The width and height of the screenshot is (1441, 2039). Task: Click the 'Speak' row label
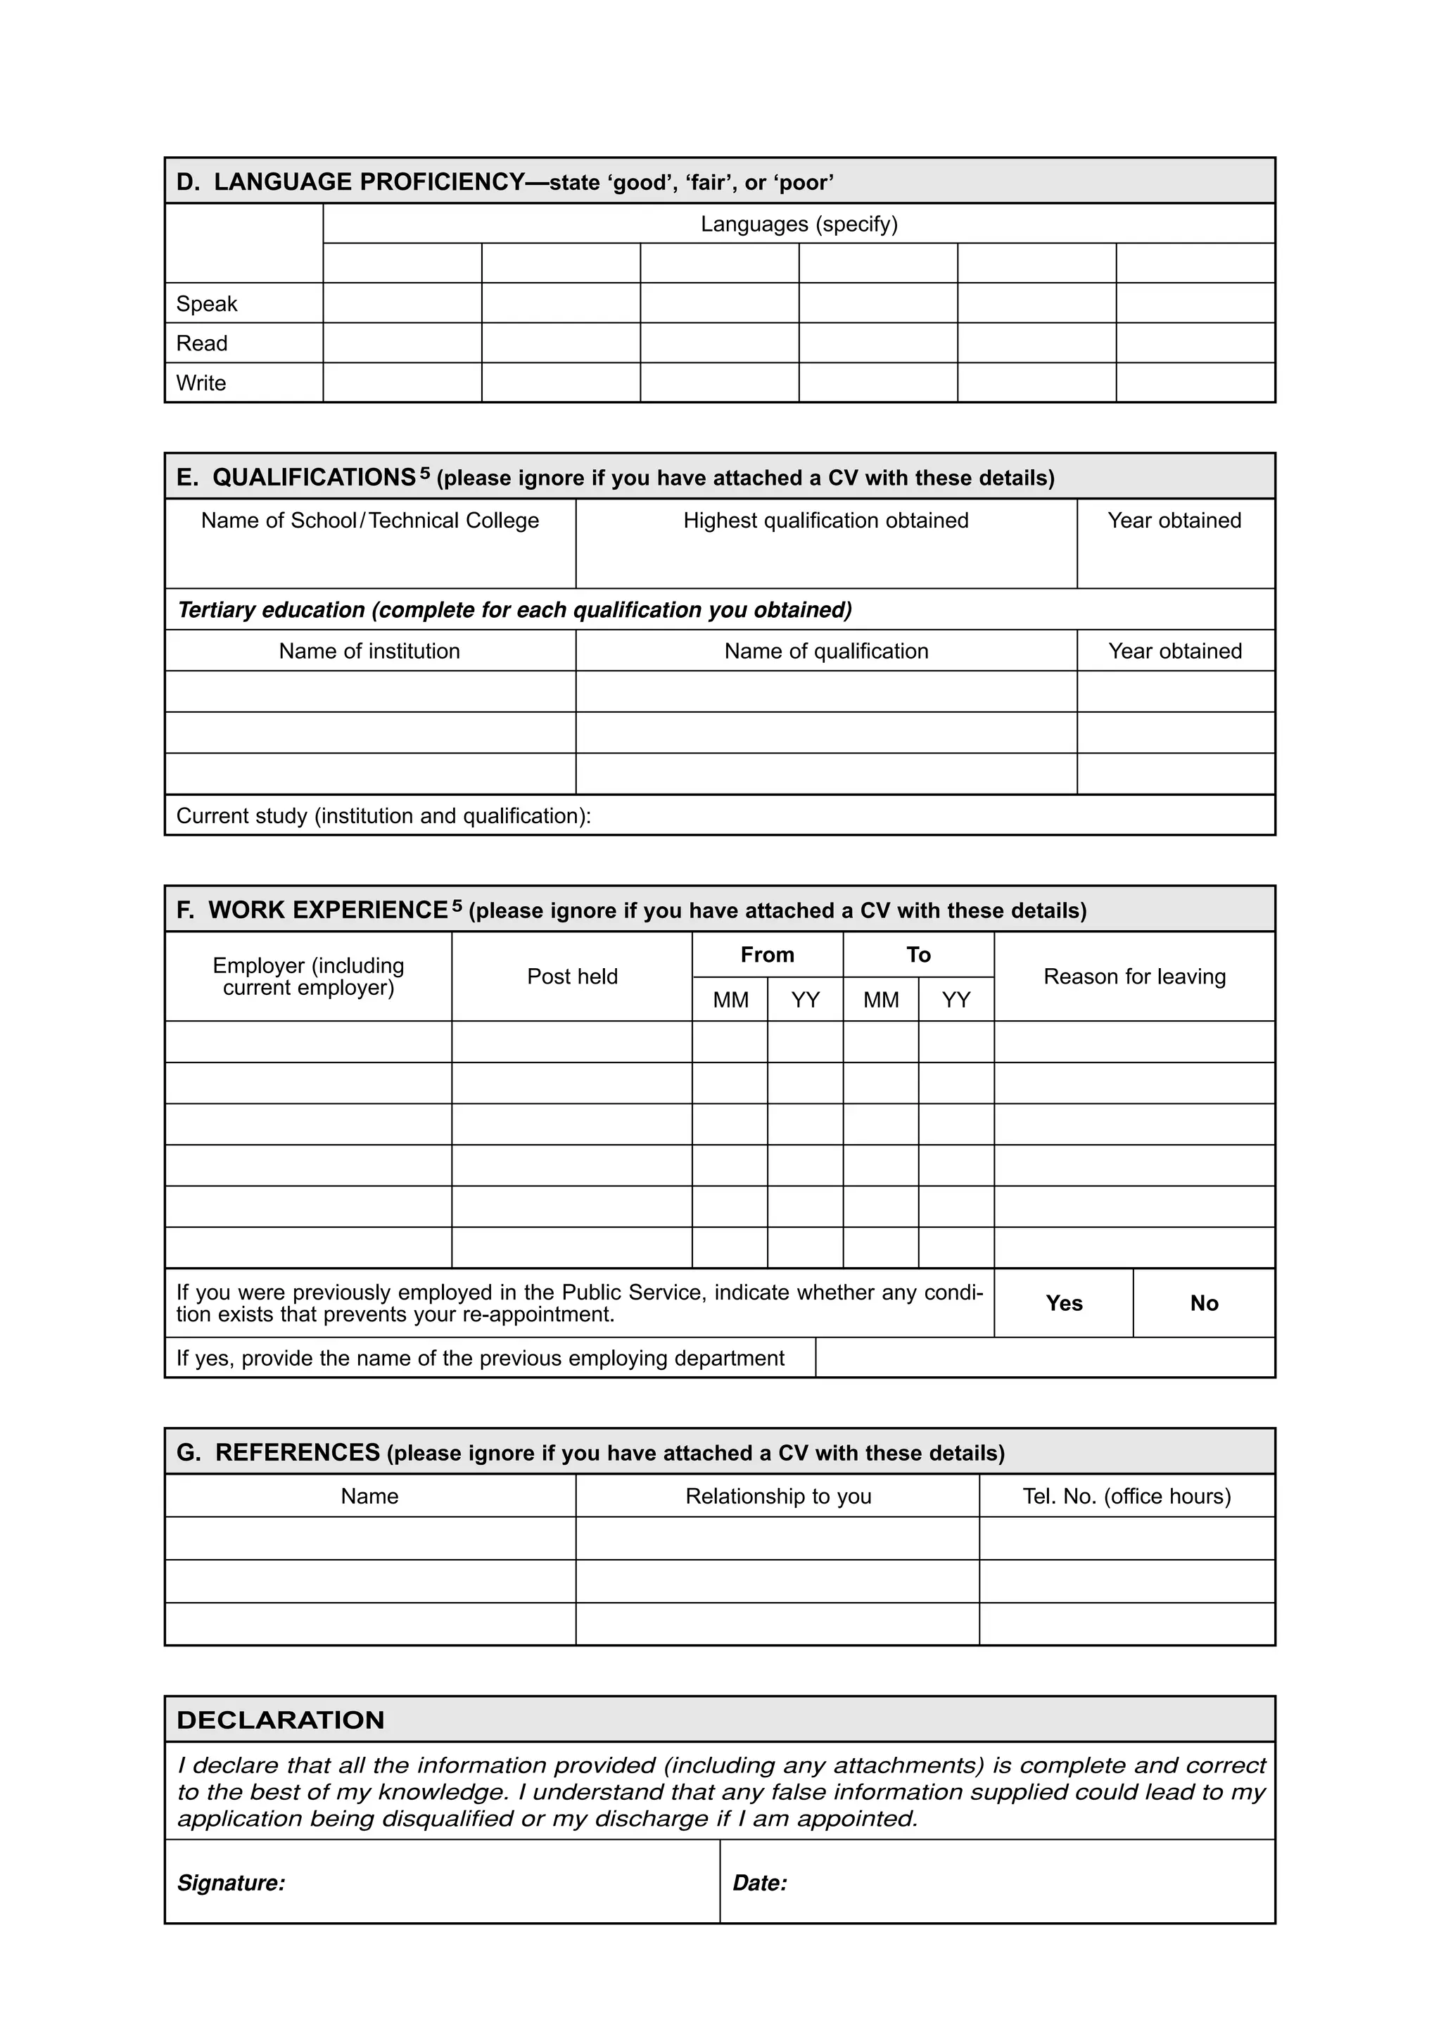pyautogui.click(x=207, y=304)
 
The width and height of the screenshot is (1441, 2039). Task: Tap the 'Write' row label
pyautogui.click(x=201, y=383)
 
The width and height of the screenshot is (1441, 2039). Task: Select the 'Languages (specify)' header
pyautogui.click(x=799, y=224)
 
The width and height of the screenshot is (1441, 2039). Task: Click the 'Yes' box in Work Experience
pyautogui.click(x=1064, y=1303)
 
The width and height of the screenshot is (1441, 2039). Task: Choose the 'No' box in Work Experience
pyautogui.click(x=1204, y=1303)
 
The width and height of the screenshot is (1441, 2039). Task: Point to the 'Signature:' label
pyautogui.click(x=231, y=1883)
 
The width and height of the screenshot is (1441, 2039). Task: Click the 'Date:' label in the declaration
pyautogui.click(x=760, y=1883)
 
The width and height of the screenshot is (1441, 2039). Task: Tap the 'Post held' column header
pyautogui.click(x=572, y=976)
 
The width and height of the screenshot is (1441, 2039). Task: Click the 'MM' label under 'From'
pyautogui.click(x=731, y=1000)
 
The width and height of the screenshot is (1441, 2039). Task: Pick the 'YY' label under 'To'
pyautogui.click(x=956, y=1000)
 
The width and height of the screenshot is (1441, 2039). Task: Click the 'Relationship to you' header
pyautogui.click(x=777, y=1497)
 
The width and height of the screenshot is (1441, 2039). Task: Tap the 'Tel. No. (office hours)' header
pyautogui.click(x=1126, y=1497)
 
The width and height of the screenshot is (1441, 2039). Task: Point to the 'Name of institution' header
pyautogui.click(x=369, y=651)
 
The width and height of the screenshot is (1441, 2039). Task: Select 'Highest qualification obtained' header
pyautogui.click(x=826, y=521)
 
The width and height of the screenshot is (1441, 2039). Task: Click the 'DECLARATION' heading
pyautogui.click(x=281, y=1720)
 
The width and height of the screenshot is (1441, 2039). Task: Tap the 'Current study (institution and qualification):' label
pyautogui.click(x=383, y=815)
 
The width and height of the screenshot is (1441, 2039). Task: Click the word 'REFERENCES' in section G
pyautogui.click(x=298, y=1452)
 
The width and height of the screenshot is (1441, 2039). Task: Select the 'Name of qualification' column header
pyautogui.click(x=826, y=651)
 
